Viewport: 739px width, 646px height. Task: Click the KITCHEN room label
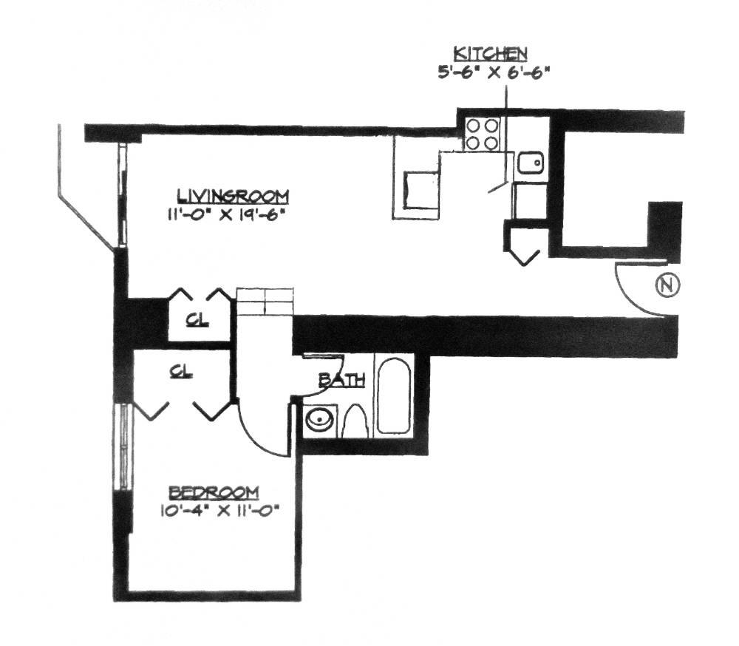coord(490,53)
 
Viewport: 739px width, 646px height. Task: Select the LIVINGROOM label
coord(232,197)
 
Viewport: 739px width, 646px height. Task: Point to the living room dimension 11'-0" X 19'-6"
coord(226,217)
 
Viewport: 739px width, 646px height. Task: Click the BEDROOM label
coord(214,492)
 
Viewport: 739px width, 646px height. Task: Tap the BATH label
coord(341,381)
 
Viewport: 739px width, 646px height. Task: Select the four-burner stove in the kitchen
coord(482,134)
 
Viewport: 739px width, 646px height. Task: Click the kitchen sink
coord(531,163)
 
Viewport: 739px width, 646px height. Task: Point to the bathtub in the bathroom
coord(393,397)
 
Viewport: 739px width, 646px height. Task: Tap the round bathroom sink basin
coord(320,421)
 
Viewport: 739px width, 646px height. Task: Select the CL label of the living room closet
coord(197,321)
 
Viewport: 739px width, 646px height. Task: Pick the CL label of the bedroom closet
coord(180,372)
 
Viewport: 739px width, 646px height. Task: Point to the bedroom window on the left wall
coord(123,447)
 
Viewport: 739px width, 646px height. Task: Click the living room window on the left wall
coord(123,196)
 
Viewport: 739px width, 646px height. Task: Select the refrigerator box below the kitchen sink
coord(529,202)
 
